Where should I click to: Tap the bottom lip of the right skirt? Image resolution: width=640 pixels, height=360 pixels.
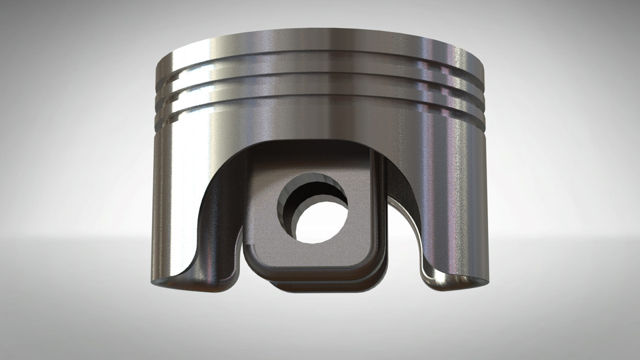(x=453, y=283)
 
